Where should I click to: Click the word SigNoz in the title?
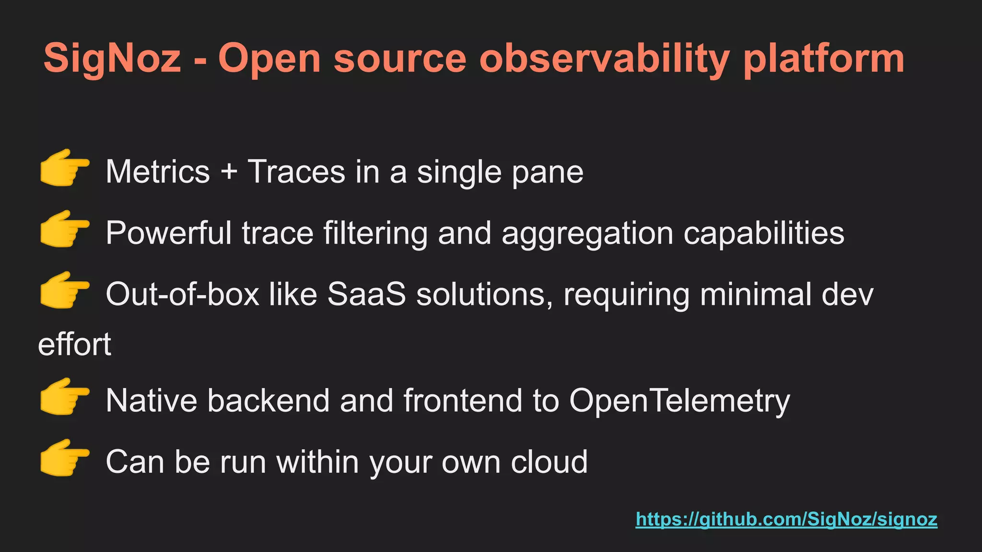point(112,58)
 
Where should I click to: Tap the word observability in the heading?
point(604,58)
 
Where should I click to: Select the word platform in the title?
point(824,58)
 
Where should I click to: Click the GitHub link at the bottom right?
point(786,519)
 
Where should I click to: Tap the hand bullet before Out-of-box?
point(64,290)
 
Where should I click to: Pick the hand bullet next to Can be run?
point(64,458)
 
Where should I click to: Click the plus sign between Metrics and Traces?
point(229,172)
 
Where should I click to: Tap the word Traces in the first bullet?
point(296,172)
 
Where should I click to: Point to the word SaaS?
point(366,294)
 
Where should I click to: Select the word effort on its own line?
point(75,344)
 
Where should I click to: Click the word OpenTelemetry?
point(679,401)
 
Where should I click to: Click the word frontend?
point(463,401)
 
